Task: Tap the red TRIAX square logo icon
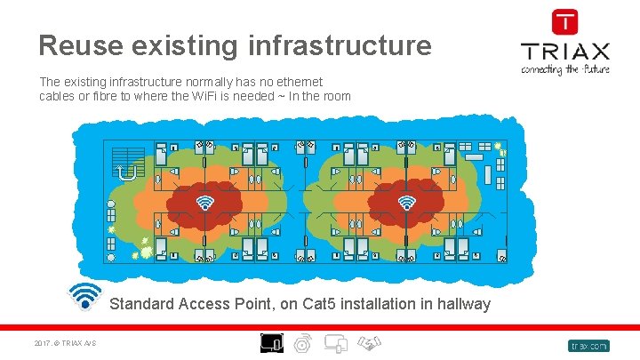click(564, 22)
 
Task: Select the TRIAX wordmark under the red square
click(564, 51)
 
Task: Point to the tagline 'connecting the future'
click(564, 68)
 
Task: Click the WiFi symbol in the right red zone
click(407, 204)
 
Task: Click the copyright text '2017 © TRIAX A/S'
click(66, 345)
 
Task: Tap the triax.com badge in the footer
click(588, 345)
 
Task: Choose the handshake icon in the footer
click(369, 342)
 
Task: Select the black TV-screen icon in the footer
click(271, 342)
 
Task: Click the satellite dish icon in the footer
click(303, 343)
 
